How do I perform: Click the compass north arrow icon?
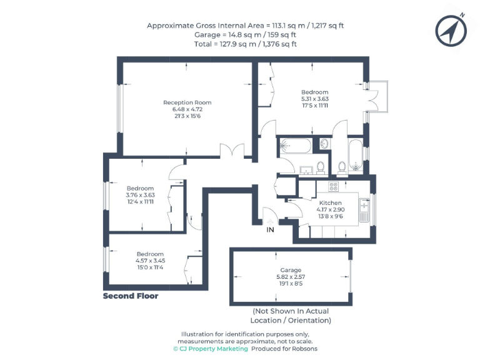(449, 29)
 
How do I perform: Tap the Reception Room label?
(187, 102)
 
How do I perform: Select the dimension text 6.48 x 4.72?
(187, 109)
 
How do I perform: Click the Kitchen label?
(330, 204)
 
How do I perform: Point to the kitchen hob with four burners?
(333, 186)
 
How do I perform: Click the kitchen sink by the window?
(364, 210)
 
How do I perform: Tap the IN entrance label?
(271, 230)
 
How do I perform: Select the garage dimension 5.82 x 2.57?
(291, 277)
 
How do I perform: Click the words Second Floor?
(131, 296)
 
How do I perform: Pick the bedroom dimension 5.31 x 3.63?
(314, 99)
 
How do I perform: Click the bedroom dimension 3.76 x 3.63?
(140, 195)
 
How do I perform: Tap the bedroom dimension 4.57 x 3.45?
(150, 261)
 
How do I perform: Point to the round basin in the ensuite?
(324, 144)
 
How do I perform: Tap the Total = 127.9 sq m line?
(245, 44)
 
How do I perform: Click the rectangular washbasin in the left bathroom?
(306, 169)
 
